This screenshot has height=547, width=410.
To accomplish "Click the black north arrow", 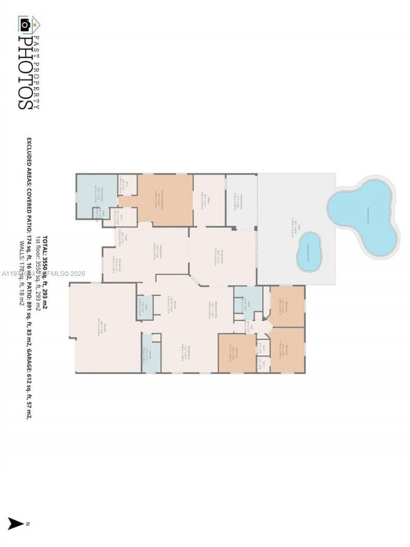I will coord(16,523).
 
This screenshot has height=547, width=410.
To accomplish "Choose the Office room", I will coord(209,200).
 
